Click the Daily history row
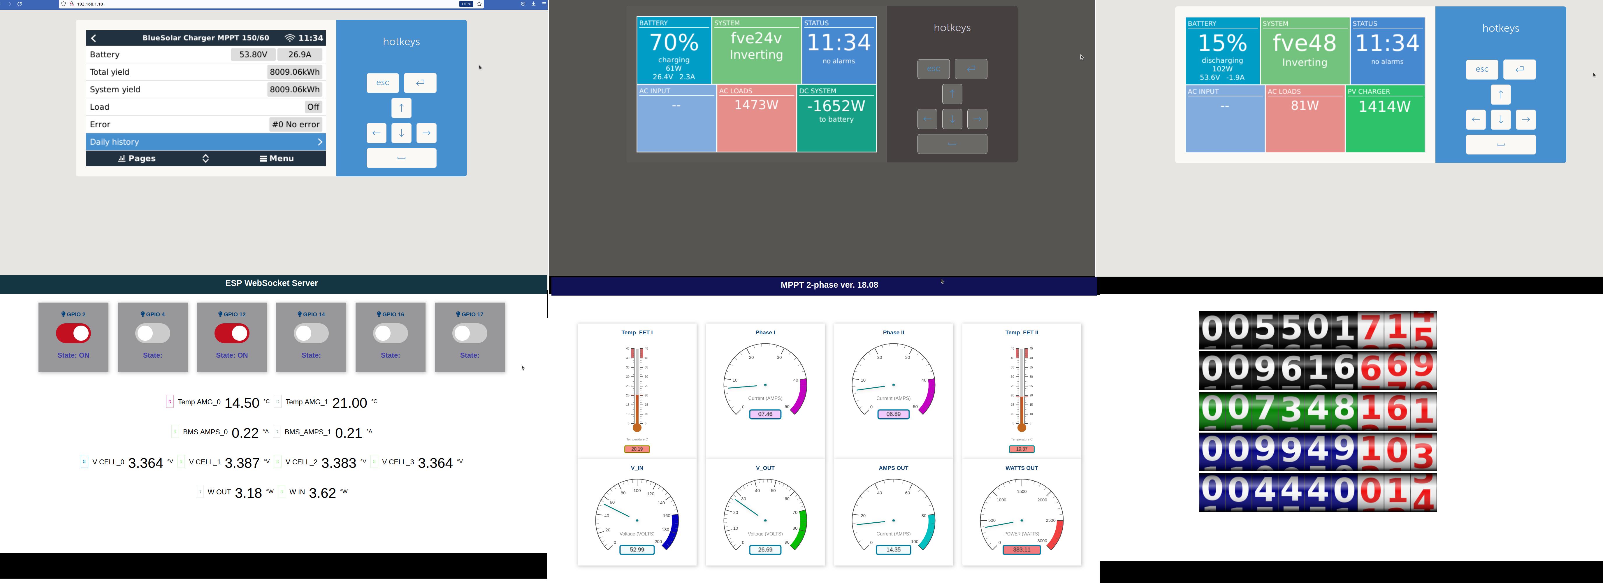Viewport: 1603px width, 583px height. (205, 142)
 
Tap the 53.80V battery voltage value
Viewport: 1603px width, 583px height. (253, 55)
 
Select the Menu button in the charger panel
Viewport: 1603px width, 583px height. (277, 159)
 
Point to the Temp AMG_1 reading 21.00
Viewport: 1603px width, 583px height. (350, 403)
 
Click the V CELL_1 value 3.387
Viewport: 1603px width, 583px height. (242, 463)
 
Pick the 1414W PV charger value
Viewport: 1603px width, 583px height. (1385, 106)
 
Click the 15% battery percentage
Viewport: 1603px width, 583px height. (1222, 43)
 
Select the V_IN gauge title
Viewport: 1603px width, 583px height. (637, 468)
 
